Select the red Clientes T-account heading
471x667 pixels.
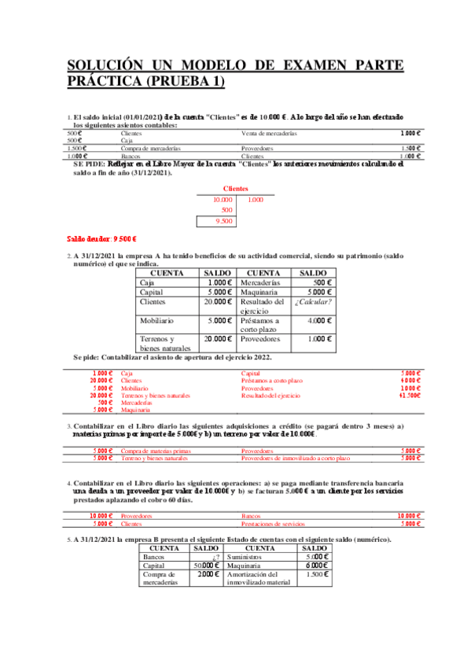click(235, 189)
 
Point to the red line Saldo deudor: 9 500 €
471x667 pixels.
click(102, 238)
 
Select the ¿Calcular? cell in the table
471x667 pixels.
click(313, 302)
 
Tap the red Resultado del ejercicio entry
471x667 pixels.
click(270, 396)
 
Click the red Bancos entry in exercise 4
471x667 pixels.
click(251, 515)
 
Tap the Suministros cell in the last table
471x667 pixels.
click(245, 556)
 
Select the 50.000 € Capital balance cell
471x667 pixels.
click(206, 566)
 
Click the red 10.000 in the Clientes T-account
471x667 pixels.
click(223, 201)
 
